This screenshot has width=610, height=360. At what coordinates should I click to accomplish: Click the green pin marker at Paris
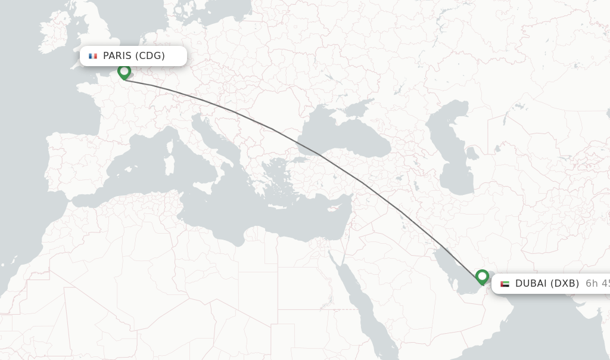pos(124,72)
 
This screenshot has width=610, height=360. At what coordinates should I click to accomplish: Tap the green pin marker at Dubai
pos(482,277)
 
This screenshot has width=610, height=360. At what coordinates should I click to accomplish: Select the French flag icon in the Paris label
pos(93,56)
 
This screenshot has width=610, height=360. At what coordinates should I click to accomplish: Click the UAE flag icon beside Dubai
pos(505,284)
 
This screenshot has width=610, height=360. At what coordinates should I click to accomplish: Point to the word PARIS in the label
pos(117,56)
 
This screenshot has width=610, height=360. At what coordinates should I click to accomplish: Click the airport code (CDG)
pos(150,56)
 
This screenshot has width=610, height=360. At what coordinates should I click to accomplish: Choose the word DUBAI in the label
pos(530,284)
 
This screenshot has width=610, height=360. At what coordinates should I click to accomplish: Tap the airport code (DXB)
pos(563,284)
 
